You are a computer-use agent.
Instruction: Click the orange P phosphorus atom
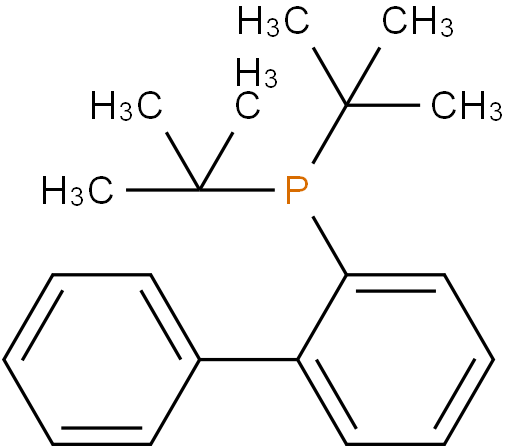296,190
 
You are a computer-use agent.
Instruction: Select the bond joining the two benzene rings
248,360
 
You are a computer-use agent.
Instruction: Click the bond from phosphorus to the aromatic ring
330,246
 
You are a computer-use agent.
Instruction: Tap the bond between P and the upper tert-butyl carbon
330,134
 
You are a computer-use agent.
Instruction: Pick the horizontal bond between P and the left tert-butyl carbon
237,190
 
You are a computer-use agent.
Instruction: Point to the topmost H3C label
273,22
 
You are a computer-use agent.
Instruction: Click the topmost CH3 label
418,22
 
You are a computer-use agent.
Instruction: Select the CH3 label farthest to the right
466,106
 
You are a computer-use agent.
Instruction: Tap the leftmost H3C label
77,191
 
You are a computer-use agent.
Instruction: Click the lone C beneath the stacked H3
248,106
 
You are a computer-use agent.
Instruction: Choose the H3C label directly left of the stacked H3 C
126,106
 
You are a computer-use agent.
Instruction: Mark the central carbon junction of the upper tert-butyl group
347,105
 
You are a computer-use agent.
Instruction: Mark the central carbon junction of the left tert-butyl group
199,190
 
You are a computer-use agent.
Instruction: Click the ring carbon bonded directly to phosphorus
347,275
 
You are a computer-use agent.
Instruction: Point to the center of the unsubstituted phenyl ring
101,360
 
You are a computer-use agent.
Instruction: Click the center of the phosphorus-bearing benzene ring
396,360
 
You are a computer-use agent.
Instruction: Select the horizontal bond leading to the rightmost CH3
383,105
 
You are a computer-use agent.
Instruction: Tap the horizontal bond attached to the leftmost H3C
163,190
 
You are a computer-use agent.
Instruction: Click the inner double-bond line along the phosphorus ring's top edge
396,291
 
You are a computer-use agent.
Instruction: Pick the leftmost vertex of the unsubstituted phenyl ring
4,360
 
